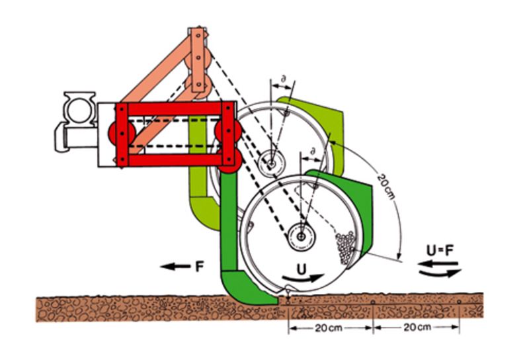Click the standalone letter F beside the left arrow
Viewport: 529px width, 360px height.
(198, 267)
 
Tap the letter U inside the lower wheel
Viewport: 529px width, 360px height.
(302, 271)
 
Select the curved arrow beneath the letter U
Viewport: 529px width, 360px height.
(304, 281)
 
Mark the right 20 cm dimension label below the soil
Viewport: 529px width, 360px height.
(417, 328)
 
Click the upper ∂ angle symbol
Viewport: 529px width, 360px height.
(283, 80)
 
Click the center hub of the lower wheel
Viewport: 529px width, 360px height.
(301, 234)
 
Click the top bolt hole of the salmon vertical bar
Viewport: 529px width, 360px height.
(196, 33)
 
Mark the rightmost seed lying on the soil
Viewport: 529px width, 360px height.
(460, 302)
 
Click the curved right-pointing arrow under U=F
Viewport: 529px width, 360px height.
(440, 273)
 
